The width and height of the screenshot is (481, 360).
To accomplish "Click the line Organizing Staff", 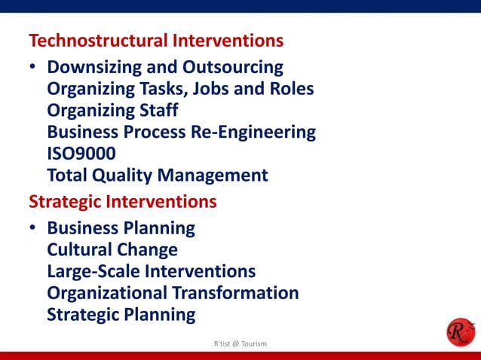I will pyautogui.click(x=112, y=111).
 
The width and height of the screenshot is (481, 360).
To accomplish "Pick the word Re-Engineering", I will pyautogui.click(x=253, y=133).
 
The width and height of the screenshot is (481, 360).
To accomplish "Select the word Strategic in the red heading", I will pyautogui.click(x=64, y=202).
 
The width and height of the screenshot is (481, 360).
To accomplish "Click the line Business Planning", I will pyautogui.click(x=121, y=227).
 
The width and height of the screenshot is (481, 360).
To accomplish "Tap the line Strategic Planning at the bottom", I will pyautogui.click(x=121, y=314).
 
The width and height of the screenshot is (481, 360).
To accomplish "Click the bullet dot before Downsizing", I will pyautogui.click(x=33, y=68).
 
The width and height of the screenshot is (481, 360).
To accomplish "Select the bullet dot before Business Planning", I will pyautogui.click(x=33, y=228).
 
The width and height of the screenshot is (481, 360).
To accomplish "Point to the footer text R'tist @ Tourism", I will pyautogui.click(x=240, y=343).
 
